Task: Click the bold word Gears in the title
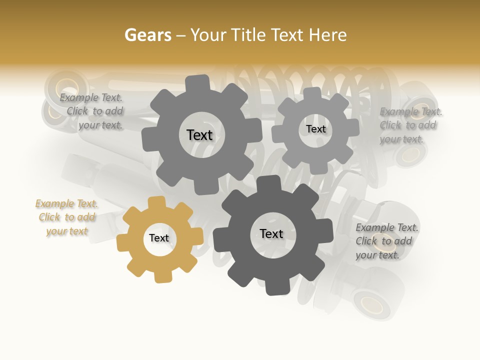coord(148,35)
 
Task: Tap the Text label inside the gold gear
coord(159,238)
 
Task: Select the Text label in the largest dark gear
coord(271,234)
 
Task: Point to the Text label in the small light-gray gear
coord(315,129)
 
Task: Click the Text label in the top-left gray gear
coord(199,135)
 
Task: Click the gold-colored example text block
coord(66,217)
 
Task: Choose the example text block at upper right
coord(410,125)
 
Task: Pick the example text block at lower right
coord(386,241)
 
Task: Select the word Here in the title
coord(328,35)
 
